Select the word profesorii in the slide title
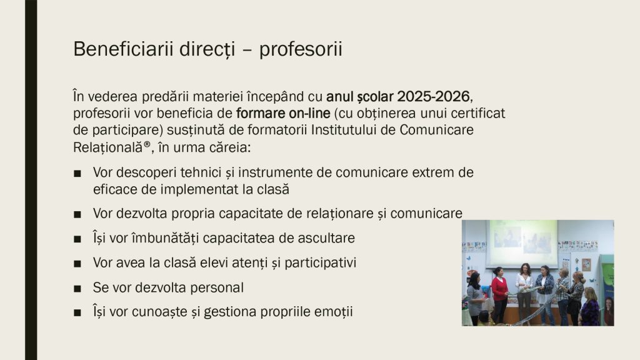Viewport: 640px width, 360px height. (301, 50)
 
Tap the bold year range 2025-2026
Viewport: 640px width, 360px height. (433, 97)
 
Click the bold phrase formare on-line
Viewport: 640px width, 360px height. (283, 113)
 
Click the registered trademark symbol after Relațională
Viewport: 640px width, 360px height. (147, 144)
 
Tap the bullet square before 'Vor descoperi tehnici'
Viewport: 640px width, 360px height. (77, 174)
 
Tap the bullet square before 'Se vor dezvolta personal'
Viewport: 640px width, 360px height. (77, 289)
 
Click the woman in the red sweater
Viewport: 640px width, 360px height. (499, 294)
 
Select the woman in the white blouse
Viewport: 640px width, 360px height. (524, 292)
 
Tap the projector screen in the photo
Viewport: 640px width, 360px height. (523, 244)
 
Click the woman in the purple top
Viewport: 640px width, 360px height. (590, 307)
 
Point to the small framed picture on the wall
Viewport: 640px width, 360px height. (586, 264)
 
